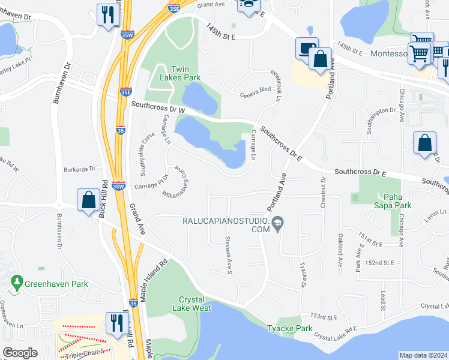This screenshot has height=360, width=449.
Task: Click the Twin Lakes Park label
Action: click(179, 73)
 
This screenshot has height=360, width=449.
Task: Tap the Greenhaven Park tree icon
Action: click(17, 281)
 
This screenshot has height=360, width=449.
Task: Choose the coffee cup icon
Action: click(306, 47)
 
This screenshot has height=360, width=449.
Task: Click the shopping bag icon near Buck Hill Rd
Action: click(89, 200)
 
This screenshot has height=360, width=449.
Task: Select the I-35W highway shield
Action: click(119, 187)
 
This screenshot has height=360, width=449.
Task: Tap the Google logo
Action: click(20, 353)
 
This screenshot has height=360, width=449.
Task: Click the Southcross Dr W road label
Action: click(158, 108)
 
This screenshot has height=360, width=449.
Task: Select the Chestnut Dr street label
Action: click(323, 193)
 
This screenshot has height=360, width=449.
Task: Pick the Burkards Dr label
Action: click(82, 170)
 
